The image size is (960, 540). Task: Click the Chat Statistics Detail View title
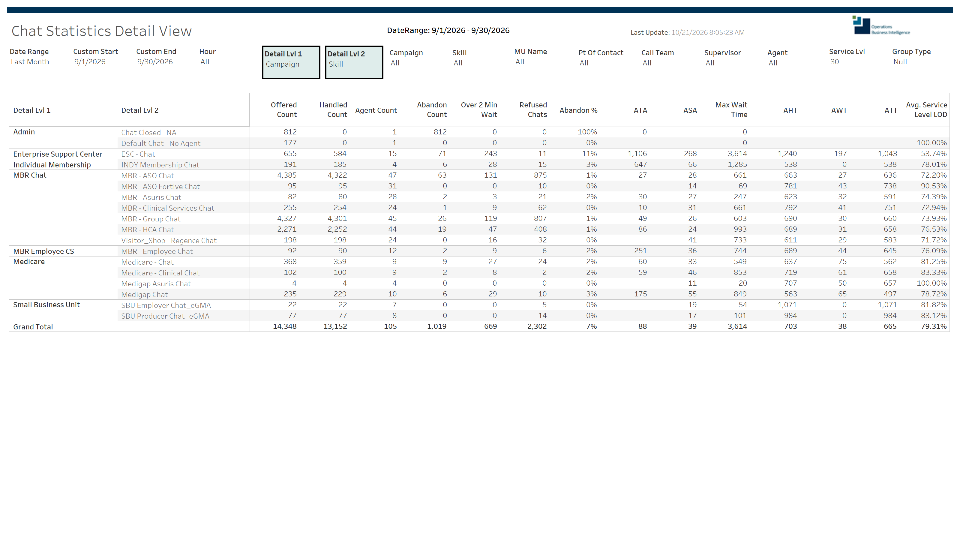(x=101, y=31)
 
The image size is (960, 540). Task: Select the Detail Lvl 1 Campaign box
(x=291, y=62)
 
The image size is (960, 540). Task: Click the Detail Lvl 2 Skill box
(x=354, y=62)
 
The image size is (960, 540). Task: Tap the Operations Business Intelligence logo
(x=881, y=25)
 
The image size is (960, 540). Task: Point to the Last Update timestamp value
(x=708, y=32)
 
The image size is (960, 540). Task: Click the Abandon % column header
(x=578, y=110)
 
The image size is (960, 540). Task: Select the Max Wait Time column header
(x=731, y=109)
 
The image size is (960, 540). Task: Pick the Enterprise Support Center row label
(x=58, y=154)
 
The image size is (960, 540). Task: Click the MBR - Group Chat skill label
(x=151, y=219)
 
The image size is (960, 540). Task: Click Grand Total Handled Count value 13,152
(x=335, y=326)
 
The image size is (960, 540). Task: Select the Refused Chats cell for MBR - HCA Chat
(x=540, y=229)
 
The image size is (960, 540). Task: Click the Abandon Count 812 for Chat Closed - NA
(x=440, y=132)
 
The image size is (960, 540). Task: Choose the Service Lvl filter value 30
(x=834, y=62)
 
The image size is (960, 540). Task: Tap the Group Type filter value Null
(x=900, y=62)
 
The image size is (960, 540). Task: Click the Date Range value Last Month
(x=30, y=62)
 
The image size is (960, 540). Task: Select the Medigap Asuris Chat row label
(x=156, y=283)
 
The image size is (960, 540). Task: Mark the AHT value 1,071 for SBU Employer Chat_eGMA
(x=787, y=305)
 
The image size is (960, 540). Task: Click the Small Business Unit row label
(x=46, y=305)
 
